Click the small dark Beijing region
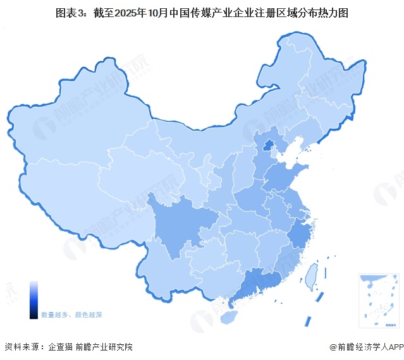click(268, 147)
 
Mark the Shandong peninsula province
click(284, 176)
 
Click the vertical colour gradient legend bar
click(34, 300)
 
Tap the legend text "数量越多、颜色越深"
click(71, 314)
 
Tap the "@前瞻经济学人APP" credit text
click(365, 347)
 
